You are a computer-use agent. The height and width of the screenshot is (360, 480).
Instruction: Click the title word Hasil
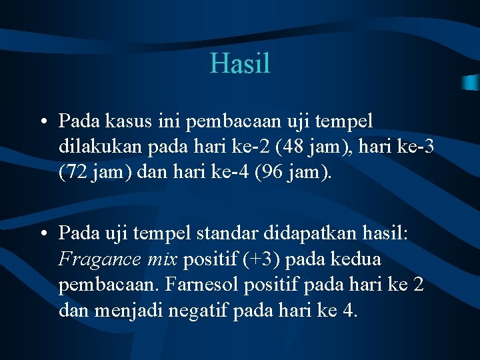[240, 64]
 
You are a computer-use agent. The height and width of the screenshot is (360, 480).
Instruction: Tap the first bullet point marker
[43, 122]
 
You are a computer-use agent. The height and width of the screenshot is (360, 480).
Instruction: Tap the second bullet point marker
[43, 234]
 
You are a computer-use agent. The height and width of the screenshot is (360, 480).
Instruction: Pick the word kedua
[358, 258]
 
